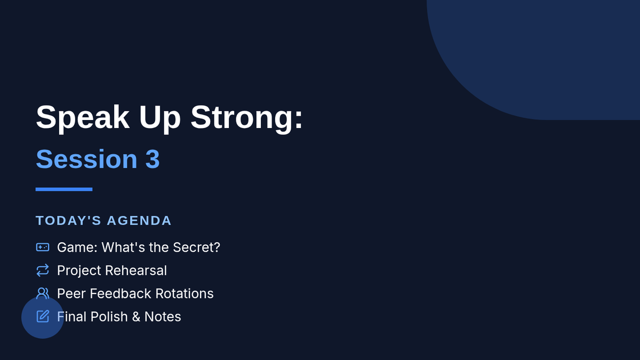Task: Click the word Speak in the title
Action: pos(83,117)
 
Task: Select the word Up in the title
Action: pos(159,117)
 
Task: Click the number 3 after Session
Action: pos(153,159)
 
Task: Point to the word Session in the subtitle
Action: pos(86,159)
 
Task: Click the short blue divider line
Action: pos(64,189)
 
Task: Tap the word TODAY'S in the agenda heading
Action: pos(68,221)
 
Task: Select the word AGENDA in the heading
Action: pos(139,221)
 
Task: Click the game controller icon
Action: pos(43,247)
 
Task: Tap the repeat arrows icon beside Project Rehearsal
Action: pos(43,270)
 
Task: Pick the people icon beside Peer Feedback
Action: pos(43,293)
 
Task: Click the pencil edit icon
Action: pos(43,316)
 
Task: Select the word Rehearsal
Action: pos(136,270)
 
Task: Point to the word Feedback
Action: pos(121,294)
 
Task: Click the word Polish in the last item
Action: pos(109,317)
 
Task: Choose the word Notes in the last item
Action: pos(163,317)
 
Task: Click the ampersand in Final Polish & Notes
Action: pos(136,317)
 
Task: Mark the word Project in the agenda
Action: pos(79,270)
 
